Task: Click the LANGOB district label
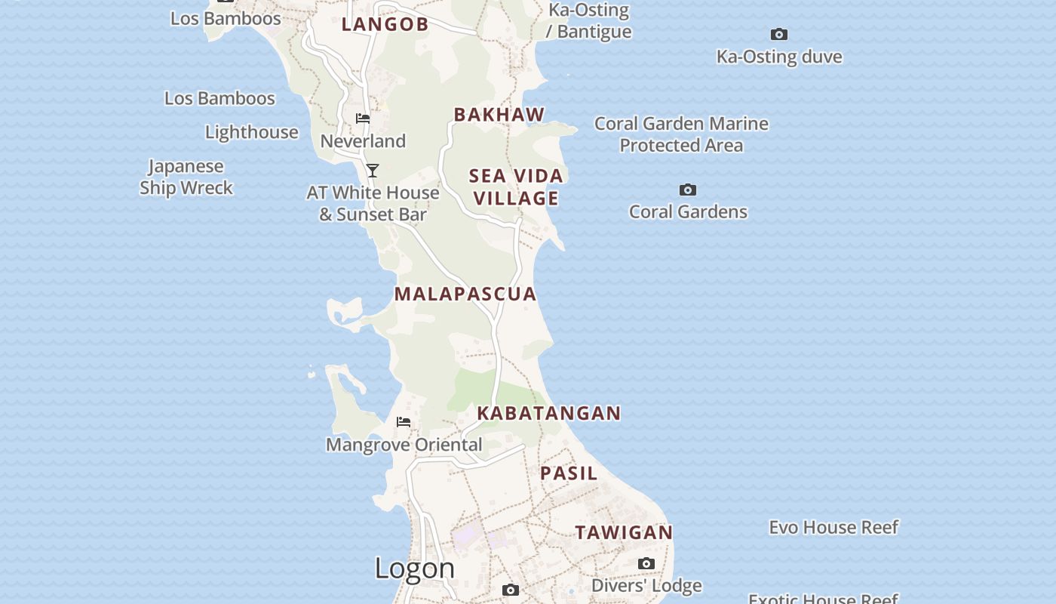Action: (x=385, y=24)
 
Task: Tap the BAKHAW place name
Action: (x=499, y=115)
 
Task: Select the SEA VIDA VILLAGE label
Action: (x=517, y=187)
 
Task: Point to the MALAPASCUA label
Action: (x=465, y=294)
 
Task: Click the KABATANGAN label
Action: (x=549, y=413)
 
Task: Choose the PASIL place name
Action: (x=569, y=473)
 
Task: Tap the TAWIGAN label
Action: (x=624, y=532)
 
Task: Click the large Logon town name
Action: (x=415, y=568)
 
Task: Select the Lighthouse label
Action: (x=252, y=132)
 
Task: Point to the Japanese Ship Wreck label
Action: (x=186, y=177)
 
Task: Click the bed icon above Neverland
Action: (x=363, y=119)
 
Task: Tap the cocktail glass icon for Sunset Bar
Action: (x=373, y=171)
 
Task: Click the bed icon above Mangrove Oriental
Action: (x=404, y=422)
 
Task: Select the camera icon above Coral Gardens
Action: (x=688, y=190)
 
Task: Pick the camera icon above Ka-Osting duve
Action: (x=779, y=34)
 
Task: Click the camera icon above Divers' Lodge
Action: (x=646, y=564)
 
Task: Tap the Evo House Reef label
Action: (x=833, y=527)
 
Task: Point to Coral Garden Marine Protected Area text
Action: (x=681, y=134)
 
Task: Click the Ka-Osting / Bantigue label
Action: (x=589, y=20)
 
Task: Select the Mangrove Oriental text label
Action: (x=404, y=445)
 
